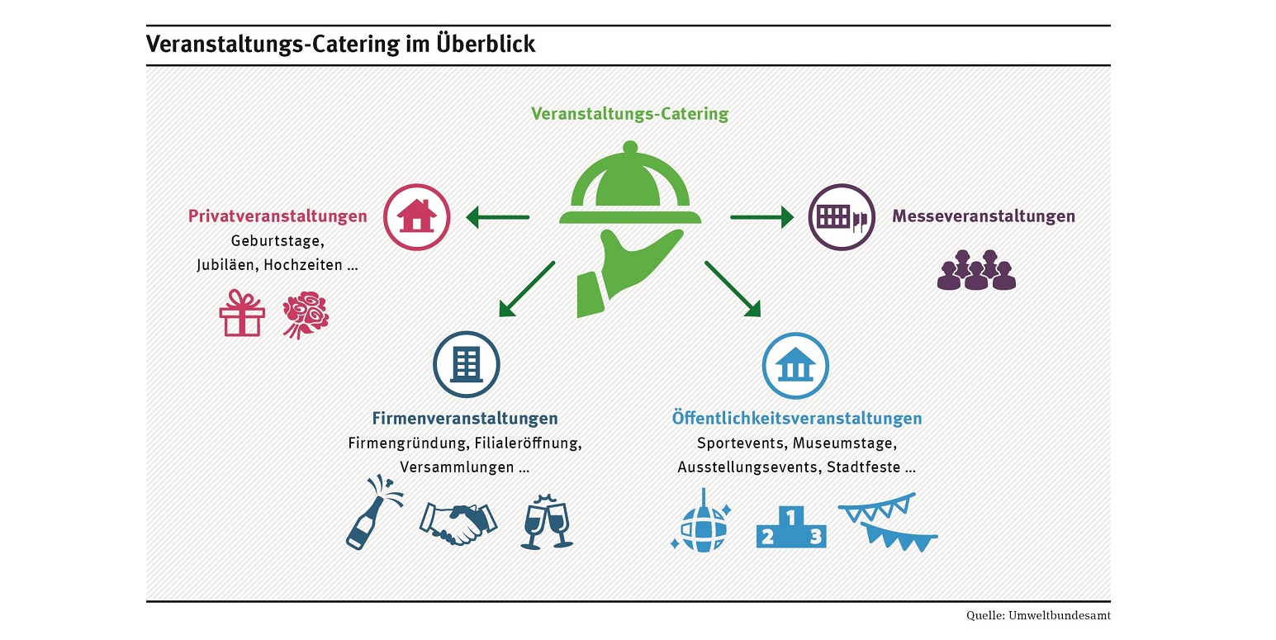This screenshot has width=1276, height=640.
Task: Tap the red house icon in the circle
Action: pyautogui.click(x=417, y=217)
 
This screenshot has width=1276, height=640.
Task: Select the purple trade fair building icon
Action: pyautogui.click(x=842, y=217)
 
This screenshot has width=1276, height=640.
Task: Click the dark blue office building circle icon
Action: pyautogui.click(x=467, y=364)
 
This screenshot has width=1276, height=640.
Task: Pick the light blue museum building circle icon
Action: pyautogui.click(x=795, y=364)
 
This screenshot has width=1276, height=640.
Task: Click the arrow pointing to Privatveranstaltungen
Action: pyautogui.click(x=497, y=217)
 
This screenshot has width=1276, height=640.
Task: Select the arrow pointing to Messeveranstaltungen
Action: pyautogui.click(x=761, y=217)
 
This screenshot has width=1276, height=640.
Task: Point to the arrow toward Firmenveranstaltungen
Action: pyautogui.click(x=526, y=289)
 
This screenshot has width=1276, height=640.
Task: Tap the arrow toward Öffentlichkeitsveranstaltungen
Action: pyautogui.click(x=732, y=289)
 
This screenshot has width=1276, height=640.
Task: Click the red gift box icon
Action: pyautogui.click(x=241, y=313)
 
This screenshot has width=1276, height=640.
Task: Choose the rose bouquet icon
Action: pyautogui.click(x=305, y=314)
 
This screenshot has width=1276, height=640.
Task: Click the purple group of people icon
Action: pyautogui.click(x=976, y=269)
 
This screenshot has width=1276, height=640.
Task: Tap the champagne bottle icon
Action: pyautogui.click(x=371, y=512)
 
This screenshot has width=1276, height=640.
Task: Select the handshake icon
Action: pyautogui.click(x=458, y=522)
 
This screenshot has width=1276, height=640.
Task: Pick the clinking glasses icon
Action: pyautogui.click(x=547, y=520)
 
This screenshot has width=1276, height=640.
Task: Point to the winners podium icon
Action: pyautogui.click(x=791, y=529)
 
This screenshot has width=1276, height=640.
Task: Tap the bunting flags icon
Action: pyautogui.click(x=888, y=521)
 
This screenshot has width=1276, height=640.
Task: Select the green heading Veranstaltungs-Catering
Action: pyautogui.click(x=629, y=114)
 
